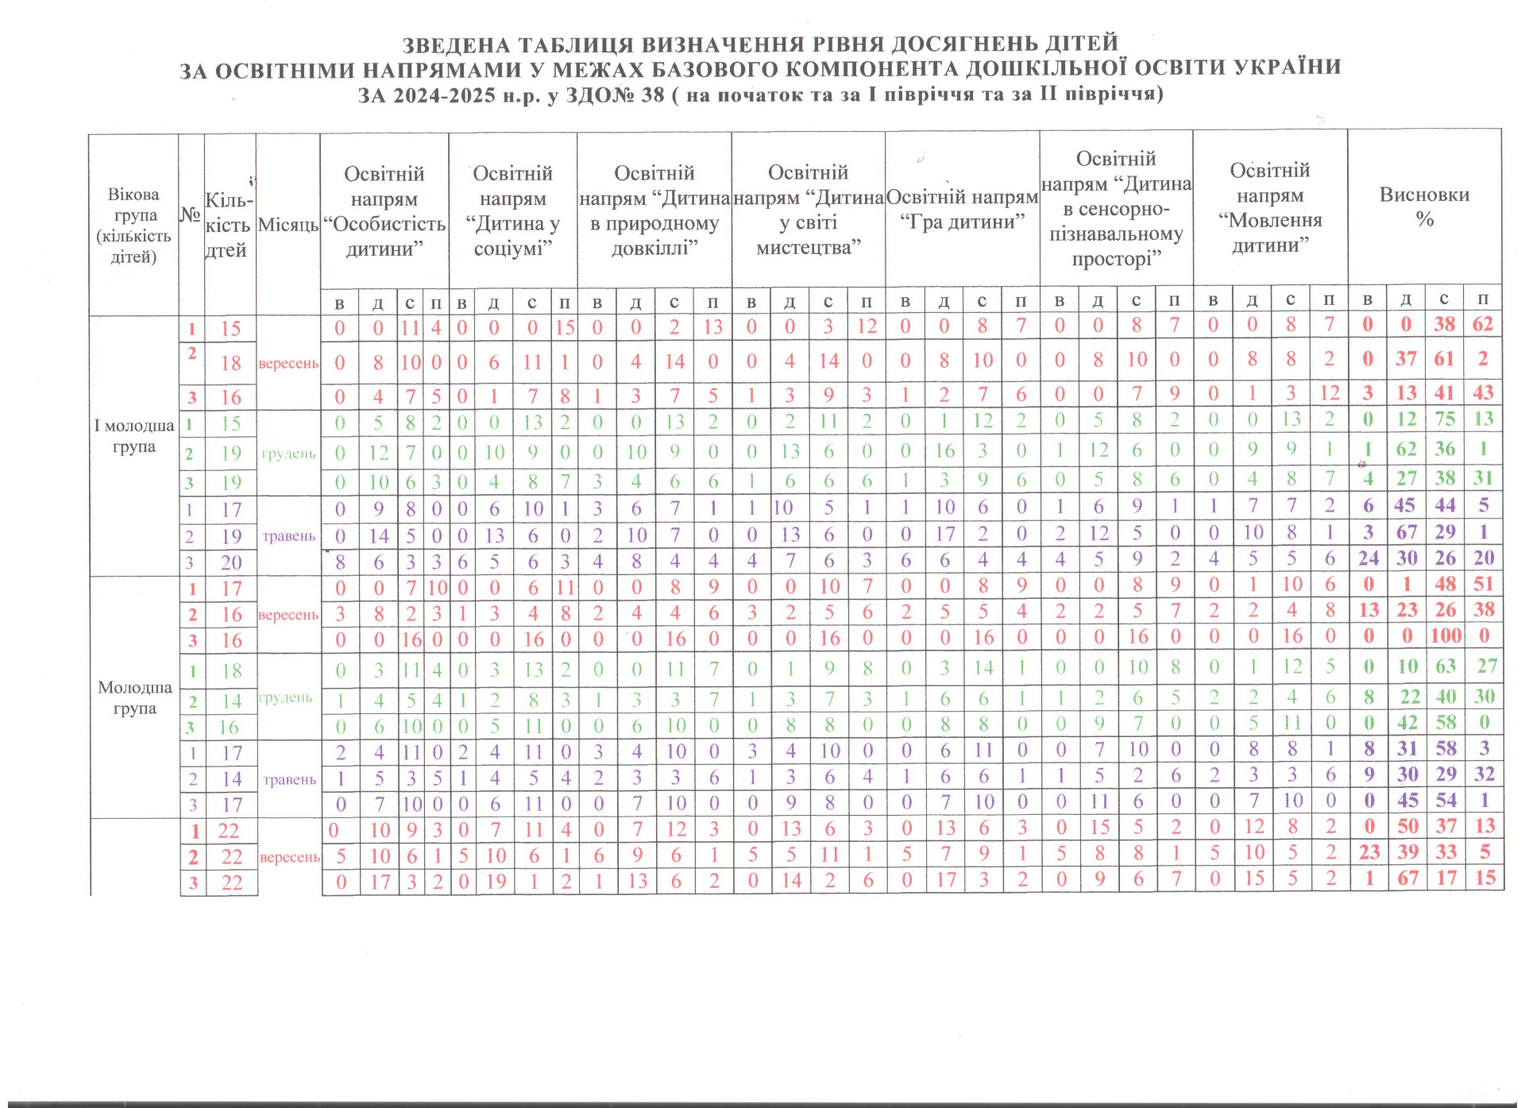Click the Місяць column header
click(x=288, y=225)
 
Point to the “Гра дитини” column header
click(x=962, y=210)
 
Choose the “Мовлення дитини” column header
click(x=1269, y=208)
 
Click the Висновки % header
click(x=1424, y=207)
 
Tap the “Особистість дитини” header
click(x=384, y=211)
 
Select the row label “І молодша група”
click(x=133, y=436)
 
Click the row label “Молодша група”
click(x=134, y=697)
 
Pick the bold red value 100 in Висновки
click(x=1446, y=635)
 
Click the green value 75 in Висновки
click(x=1445, y=419)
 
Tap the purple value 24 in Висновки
click(x=1368, y=558)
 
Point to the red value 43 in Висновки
click(x=1483, y=392)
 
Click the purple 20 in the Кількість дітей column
click(x=231, y=563)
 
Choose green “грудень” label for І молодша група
click(x=288, y=454)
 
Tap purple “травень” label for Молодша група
click(x=289, y=779)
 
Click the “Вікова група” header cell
click(x=133, y=226)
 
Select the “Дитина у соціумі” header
click(x=512, y=211)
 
